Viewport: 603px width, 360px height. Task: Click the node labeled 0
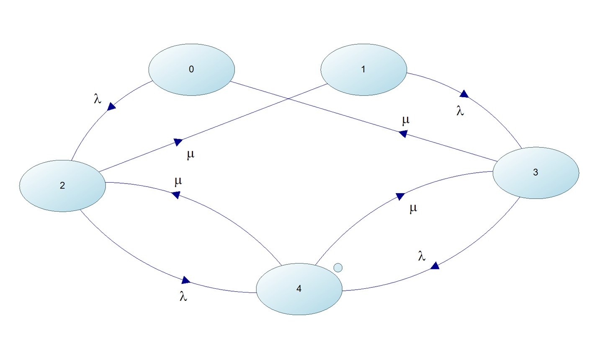pos(191,70)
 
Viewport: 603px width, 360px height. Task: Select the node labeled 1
pos(363,70)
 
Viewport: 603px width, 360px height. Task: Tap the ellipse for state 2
pos(62,186)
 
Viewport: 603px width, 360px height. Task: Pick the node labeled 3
pos(536,173)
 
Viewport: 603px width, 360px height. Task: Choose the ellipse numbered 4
pos(299,289)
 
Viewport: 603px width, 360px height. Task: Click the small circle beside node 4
pos(338,267)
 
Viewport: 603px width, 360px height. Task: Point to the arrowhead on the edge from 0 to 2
pos(111,107)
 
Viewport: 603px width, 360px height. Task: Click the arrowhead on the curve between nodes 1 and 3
pos(464,94)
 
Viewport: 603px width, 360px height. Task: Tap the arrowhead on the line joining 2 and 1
pos(178,142)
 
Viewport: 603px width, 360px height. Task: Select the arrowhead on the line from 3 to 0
pos(403,134)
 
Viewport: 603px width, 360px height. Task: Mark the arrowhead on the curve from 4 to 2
pos(176,194)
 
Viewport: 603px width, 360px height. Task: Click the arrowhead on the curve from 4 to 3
pos(400,196)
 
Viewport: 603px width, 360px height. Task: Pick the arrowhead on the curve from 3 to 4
pos(435,266)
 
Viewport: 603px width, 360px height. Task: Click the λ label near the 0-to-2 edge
pos(97,98)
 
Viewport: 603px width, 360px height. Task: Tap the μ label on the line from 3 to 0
pos(405,121)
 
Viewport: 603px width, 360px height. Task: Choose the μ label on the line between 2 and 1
pos(191,155)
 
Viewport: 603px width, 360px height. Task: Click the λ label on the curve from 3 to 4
pos(422,256)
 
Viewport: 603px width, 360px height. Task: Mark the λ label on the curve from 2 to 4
pos(183,296)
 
